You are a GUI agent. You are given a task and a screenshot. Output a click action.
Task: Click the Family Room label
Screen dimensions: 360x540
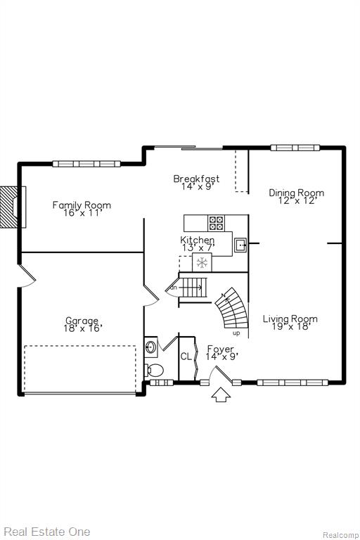82,205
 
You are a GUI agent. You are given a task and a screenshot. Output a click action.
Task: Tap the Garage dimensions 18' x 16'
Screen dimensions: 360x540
83,328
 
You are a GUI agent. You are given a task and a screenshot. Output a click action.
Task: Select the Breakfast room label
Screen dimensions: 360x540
196,179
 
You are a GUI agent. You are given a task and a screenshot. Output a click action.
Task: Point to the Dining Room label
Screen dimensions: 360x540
296,193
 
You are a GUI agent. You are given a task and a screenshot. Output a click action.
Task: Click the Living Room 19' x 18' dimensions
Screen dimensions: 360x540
291,326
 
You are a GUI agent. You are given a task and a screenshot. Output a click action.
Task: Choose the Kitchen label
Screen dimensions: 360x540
198,240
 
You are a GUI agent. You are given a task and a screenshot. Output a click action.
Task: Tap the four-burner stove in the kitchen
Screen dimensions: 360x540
217,223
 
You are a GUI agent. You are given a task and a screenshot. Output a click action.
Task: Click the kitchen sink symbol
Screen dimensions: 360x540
240,245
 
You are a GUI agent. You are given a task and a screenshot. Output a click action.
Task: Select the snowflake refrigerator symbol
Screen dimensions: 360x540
202,262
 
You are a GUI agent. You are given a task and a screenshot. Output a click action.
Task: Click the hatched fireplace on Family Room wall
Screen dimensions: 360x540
11,207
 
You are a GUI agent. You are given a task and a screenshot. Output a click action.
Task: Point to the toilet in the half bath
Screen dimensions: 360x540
154,371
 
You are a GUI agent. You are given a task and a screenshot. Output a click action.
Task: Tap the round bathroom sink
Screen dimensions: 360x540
151,346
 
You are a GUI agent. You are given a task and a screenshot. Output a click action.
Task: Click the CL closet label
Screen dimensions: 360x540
186,356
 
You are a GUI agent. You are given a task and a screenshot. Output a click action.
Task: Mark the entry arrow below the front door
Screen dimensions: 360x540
221,394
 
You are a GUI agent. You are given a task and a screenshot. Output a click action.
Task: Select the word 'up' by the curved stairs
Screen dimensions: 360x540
236,333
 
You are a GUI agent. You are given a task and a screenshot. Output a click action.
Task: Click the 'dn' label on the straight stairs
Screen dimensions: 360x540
174,287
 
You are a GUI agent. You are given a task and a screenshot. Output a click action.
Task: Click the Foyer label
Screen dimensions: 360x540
221,349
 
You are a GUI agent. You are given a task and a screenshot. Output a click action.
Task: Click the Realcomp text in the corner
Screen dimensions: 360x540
340,535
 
